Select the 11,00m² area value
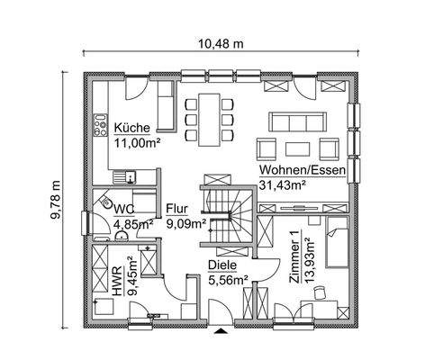135,141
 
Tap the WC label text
122,209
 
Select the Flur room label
176,209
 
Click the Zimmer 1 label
296,261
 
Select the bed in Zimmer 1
338,241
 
